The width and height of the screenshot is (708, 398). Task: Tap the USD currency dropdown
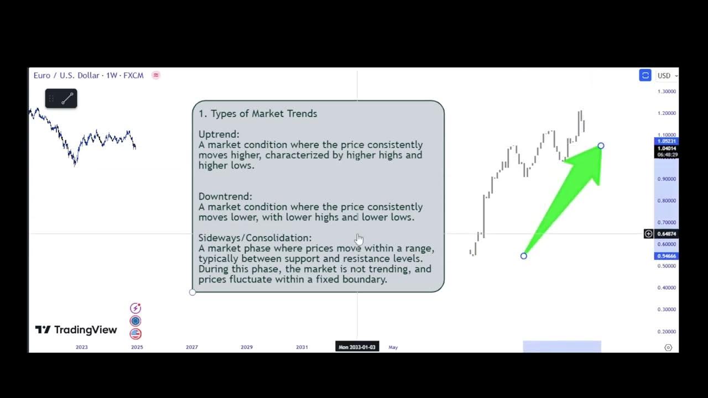667,76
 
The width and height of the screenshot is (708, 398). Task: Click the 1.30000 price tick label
667,91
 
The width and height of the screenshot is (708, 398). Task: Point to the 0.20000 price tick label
667,332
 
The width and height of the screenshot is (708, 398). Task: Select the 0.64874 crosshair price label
667,234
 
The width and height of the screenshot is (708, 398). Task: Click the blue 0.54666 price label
666,256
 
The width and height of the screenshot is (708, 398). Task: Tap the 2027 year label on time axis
191,347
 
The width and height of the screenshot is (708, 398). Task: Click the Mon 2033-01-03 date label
357,347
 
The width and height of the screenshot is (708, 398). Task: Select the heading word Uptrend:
219,134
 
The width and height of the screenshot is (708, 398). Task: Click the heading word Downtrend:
225,196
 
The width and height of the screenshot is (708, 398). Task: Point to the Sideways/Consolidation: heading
255,238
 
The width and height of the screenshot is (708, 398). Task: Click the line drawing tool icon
67,99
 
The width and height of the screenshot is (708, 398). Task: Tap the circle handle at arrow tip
601,146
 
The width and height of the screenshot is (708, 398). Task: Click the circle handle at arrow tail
524,256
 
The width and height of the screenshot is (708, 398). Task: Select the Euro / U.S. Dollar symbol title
66,75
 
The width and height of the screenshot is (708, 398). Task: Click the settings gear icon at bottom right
668,348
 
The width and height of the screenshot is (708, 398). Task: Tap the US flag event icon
136,334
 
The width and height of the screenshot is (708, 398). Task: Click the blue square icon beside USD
645,76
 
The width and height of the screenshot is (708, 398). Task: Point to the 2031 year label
301,347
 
